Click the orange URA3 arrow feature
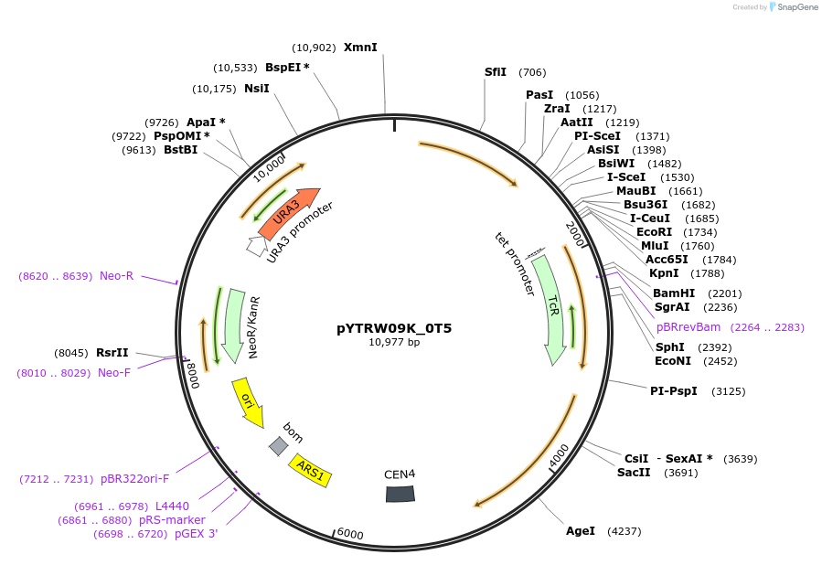point(289,213)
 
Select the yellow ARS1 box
point(311,470)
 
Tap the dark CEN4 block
point(400,494)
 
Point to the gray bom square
point(278,445)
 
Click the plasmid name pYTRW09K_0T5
point(394,327)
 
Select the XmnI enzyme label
point(360,48)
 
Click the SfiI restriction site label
point(496,72)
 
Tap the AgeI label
point(581,530)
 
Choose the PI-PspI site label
point(673,391)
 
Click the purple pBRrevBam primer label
point(689,326)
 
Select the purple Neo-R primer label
point(116,275)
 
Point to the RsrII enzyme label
point(112,352)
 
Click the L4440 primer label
point(172,506)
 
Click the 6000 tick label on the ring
point(350,534)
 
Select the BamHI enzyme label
point(674,293)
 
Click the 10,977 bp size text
point(394,342)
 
